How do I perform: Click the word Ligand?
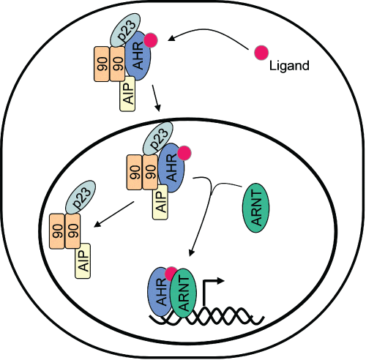[289, 66]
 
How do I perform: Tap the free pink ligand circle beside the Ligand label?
[261, 53]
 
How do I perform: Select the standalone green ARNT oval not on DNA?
[255, 208]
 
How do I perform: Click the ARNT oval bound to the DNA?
[184, 293]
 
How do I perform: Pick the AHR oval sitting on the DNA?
[160, 291]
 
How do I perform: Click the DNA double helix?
[207, 315]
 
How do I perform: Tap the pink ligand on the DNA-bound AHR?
[171, 274]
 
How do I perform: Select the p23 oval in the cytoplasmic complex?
[126, 30]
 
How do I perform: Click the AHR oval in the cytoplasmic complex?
[138, 56]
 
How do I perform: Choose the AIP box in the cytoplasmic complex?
[127, 94]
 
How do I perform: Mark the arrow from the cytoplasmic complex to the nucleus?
[156, 98]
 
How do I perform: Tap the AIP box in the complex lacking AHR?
[83, 261]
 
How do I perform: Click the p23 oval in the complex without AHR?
[81, 197]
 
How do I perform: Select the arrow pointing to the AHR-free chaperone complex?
[114, 214]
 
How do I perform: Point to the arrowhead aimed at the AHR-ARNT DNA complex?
[192, 252]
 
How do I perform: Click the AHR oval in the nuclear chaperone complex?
[171, 168]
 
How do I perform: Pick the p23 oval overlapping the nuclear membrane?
[158, 138]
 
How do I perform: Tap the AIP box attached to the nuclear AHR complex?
[160, 202]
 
